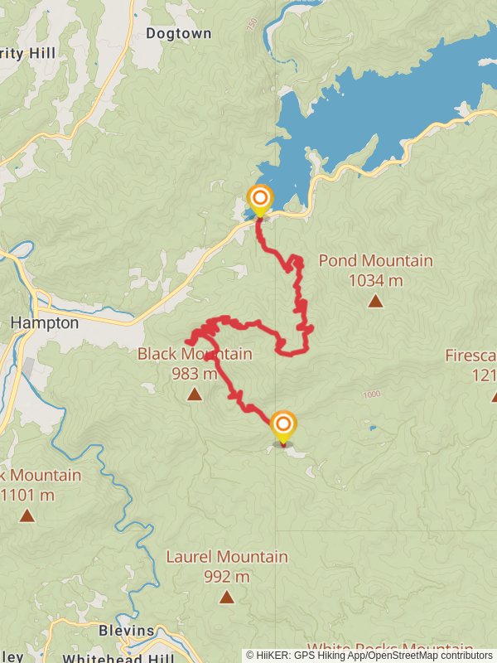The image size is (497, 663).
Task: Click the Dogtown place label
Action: click(x=178, y=34)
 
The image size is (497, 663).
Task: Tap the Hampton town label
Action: click(x=46, y=323)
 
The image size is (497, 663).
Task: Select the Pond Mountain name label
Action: click(x=375, y=261)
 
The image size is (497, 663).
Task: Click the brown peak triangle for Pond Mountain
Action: click(x=375, y=302)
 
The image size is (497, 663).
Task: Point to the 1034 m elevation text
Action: click(x=375, y=281)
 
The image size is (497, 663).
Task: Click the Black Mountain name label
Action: click(x=195, y=355)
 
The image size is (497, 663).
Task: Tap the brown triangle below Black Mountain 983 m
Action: click(x=194, y=394)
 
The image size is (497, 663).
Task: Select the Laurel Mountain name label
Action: click(x=226, y=557)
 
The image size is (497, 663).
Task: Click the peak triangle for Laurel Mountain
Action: click(x=226, y=597)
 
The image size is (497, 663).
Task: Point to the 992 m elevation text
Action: click(x=226, y=577)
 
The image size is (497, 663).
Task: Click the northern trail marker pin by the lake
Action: click(x=260, y=199)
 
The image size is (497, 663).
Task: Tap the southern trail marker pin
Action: click(x=283, y=427)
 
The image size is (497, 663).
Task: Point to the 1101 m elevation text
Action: click(x=28, y=496)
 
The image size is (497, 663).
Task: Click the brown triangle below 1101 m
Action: click(x=27, y=516)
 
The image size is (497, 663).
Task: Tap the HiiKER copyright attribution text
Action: click(x=369, y=656)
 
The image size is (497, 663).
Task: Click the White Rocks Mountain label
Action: click(x=389, y=647)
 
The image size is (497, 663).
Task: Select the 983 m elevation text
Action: click(x=195, y=374)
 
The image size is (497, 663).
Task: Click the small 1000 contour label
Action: click(x=370, y=394)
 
